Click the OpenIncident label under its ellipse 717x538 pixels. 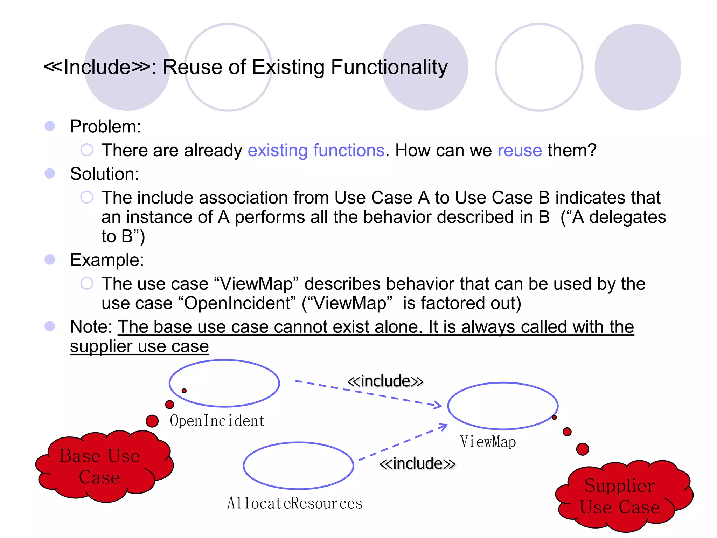[x=217, y=421]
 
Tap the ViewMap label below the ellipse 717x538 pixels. [x=488, y=442]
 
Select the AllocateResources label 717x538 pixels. [x=294, y=503]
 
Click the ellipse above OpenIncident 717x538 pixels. [x=224, y=383]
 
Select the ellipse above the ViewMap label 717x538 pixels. [x=503, y=406]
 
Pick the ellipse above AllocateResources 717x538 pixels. [x=299, y=466]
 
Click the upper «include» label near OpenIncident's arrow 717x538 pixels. [x=385, y=381]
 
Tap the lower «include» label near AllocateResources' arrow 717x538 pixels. [x=417, y=463]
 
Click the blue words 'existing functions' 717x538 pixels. [x=316, y=150]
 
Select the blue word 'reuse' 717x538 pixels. [x=520, y=150]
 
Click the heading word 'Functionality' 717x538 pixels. [x=389, y=67]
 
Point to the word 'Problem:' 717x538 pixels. [x=105, y=126]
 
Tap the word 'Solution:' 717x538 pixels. [x=104, y=174]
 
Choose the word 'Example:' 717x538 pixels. [x=107, y=260]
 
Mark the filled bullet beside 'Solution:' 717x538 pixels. [x=50, y=173]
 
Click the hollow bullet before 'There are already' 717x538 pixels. [x=87, y=150]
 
